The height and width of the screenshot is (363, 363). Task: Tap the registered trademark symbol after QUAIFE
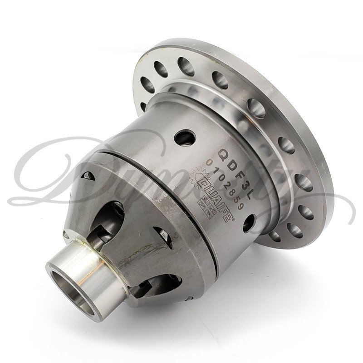click(x=233, y=218)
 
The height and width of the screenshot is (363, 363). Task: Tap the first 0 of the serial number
click(x=209, y=162)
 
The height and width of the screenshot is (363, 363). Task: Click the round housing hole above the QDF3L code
click(x=185, y=137)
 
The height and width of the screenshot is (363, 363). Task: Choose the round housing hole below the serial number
click(x=249, y=223)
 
